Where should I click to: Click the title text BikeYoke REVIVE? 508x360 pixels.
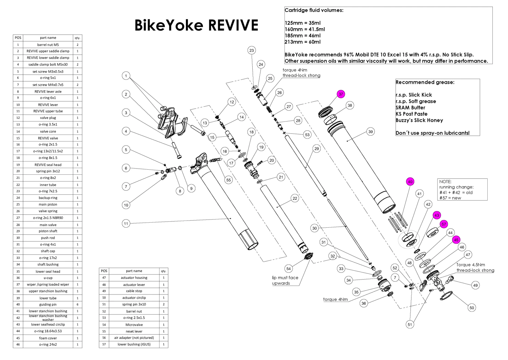(196, 25)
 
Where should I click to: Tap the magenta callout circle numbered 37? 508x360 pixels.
(341, 94)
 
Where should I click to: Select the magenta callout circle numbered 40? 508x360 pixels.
(410, 182)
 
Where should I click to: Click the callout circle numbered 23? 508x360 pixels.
(251, 51)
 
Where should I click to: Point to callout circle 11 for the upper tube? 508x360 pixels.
(126, 223)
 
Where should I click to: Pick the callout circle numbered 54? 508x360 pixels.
(289, 269)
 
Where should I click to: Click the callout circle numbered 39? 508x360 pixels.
(371, 132)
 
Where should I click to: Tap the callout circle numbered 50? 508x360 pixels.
(472, 308)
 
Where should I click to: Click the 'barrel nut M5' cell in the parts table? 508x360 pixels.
(48, 44)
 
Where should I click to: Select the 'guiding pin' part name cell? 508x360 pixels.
(48, 304)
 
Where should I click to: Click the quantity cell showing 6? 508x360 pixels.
(77, 304)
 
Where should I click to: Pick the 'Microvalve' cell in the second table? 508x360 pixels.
(134, 325)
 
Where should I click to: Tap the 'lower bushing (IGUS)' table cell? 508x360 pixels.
(134, 344)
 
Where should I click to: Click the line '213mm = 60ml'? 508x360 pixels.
(302, 42)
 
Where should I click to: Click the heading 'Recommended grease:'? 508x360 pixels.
(425, 82)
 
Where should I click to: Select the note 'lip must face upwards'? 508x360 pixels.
(285, 280)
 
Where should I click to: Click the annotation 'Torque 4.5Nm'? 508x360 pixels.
(470, 265)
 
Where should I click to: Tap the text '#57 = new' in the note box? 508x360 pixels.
(450, 198)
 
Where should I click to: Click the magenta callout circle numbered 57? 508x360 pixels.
(444, 224)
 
